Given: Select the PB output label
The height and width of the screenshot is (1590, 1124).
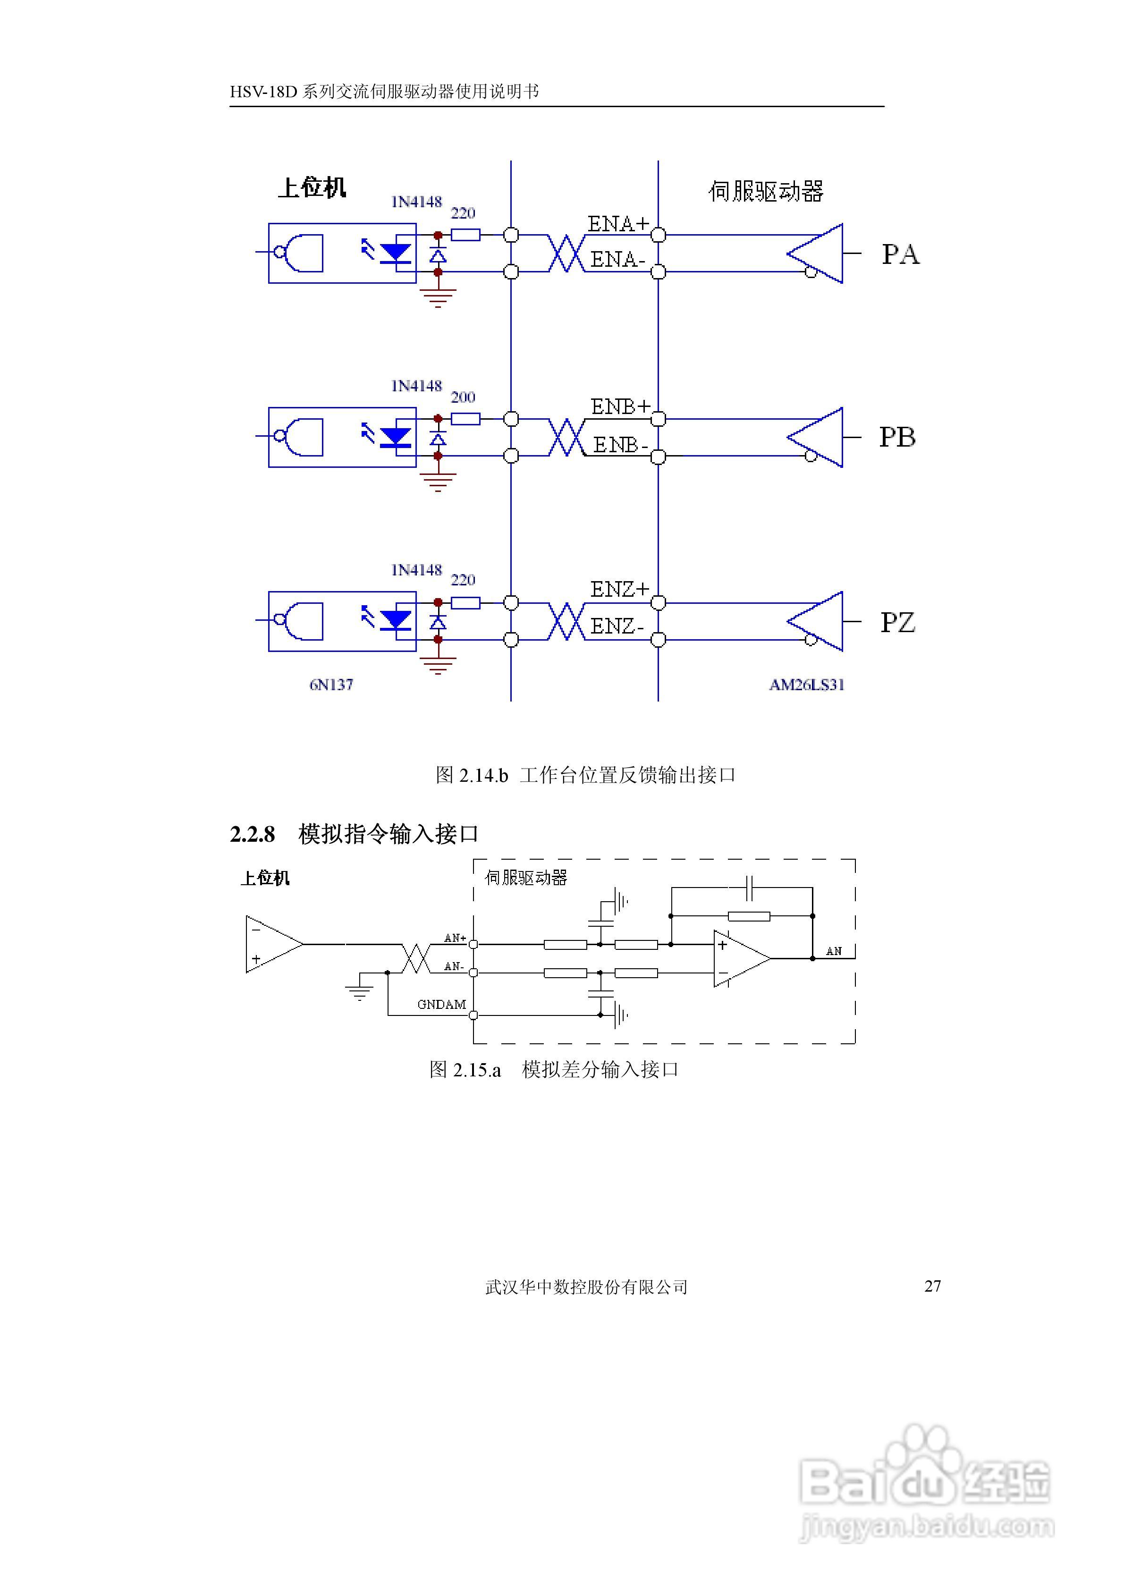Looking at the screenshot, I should [x=897, y=437].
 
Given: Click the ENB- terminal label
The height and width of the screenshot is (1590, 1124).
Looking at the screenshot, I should [x=620, y=445].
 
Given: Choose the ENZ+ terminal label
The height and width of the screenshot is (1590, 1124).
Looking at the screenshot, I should [x=620, y=589].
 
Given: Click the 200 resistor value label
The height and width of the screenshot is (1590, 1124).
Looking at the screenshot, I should [x=463, y=397].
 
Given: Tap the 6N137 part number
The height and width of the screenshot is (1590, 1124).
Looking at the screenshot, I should [x=331, y=685].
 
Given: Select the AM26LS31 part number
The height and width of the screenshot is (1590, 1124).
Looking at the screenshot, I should [x=807, y=685].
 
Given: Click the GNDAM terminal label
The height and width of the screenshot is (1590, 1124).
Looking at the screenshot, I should [x=441, y=1004].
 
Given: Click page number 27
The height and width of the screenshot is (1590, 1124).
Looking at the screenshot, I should [x=932, y=1286].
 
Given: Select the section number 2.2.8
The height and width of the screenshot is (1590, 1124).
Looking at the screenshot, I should [x=252, y=835].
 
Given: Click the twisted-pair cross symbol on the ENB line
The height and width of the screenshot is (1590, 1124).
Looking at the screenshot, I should [x=566, y=438].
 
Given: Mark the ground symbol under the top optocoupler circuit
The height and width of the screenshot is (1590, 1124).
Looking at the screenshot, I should [x=438, y=296].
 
